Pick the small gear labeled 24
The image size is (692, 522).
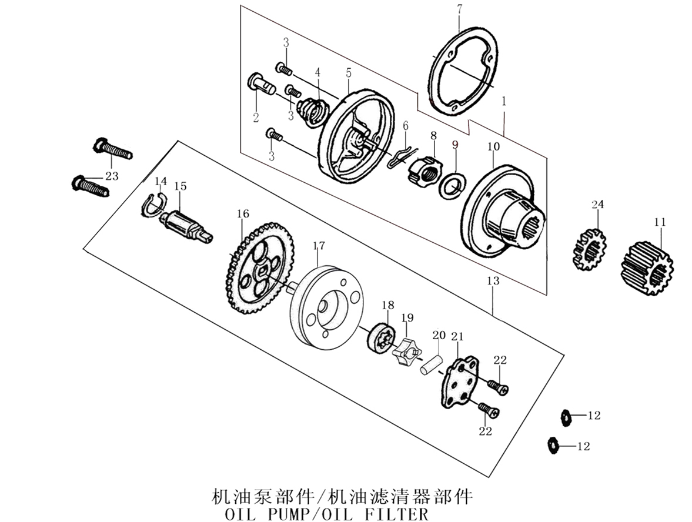pyautogui.click(x=590, y=249)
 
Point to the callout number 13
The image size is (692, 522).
pyautogui.click(x=493, y=281)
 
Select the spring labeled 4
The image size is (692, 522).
pyautogui.click(x=313, y=110)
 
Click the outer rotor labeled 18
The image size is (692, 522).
pyautogui.click(x=379, y=337)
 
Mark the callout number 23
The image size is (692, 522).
pyautogui.click(x=112, y=176)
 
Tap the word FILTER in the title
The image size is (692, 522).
pyautogui.click(x=400, y=515)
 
